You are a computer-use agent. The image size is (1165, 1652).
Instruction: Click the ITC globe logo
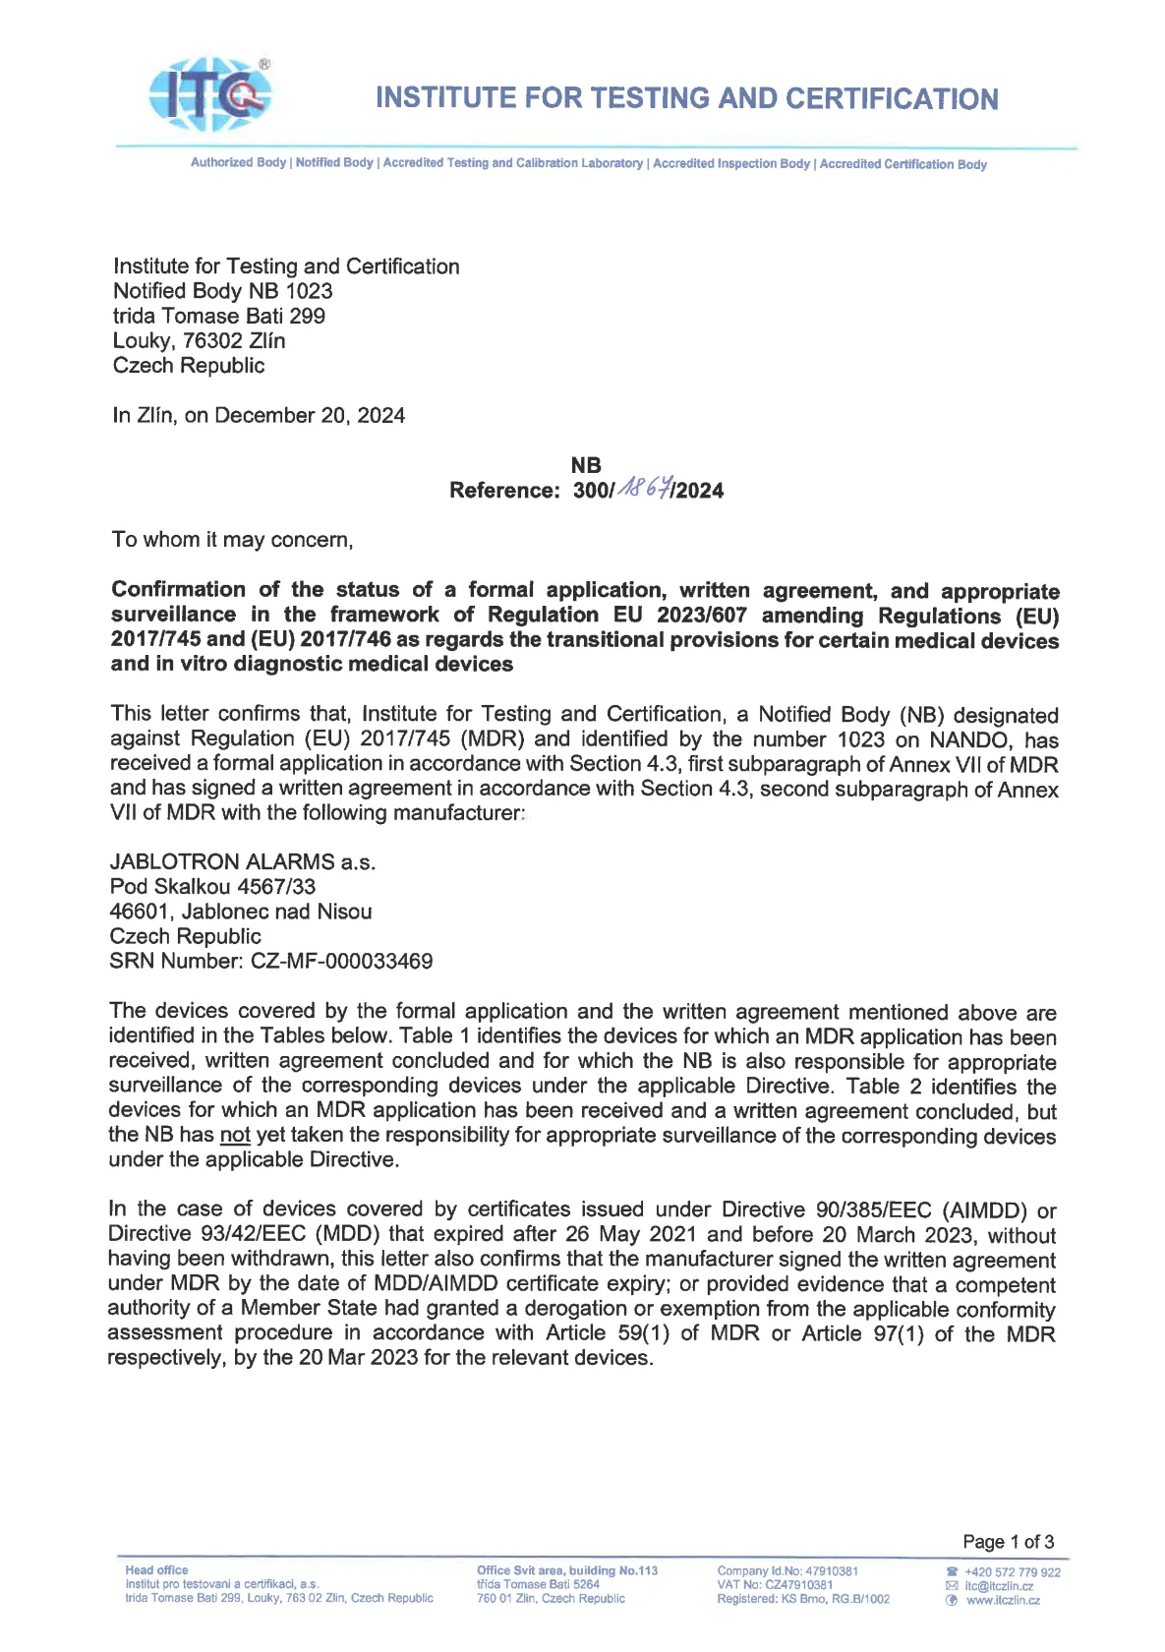pos(209,94)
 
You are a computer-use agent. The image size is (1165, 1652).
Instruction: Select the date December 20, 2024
pos(309,415)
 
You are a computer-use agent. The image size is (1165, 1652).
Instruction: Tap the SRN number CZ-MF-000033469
pos(341,961)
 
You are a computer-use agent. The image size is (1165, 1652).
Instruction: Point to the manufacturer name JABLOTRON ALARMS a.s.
pos(242,862)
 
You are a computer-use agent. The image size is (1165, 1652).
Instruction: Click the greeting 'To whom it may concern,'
pos(232,539)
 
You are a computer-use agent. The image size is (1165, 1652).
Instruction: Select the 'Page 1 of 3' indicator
pos(1008,1541)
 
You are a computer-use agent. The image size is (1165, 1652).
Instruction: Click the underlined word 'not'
pos(235,1135)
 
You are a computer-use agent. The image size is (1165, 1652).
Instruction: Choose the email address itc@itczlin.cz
pos(998,1586)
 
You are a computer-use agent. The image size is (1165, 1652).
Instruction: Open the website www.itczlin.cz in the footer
pos(1002,1600)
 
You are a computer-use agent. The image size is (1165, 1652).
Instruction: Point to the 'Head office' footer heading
pos(156,1570)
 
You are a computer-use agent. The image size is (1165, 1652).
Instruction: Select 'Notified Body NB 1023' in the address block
pos(222,291)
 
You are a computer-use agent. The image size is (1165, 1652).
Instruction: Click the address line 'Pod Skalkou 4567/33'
pos(212,887)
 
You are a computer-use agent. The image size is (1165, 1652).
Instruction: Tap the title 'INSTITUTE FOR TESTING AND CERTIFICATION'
pos(686,98)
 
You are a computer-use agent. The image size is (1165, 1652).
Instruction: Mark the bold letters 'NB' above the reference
pos(586,465)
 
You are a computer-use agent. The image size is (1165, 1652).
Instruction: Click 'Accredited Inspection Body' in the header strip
pos(731,163)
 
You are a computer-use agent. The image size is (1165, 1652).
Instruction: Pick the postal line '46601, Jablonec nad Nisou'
pos(240,912)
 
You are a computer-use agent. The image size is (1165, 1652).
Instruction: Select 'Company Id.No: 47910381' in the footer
pos(787,1571)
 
